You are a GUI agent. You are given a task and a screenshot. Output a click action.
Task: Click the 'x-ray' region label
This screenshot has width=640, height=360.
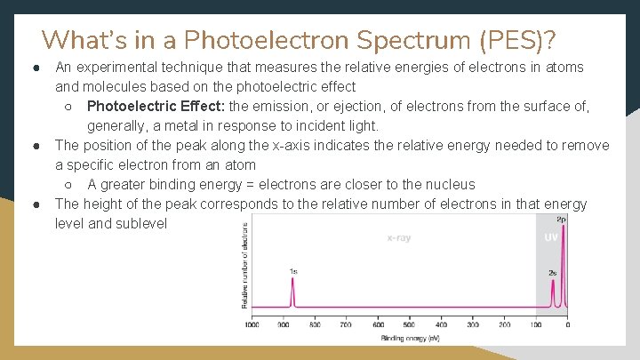(398, 238)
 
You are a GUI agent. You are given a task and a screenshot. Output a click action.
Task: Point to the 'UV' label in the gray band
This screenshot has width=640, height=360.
(551, 238)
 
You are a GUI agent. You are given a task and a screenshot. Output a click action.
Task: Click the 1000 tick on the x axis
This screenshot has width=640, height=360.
(252, 325)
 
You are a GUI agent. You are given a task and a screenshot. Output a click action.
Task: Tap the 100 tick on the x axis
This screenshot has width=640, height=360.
(536, 325)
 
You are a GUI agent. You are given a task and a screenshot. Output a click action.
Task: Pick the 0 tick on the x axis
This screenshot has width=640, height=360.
(567, 325)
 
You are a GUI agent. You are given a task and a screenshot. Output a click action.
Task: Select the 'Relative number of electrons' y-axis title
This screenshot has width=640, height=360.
(244, 265)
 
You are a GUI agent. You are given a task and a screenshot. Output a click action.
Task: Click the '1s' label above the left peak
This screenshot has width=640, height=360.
(292, 270)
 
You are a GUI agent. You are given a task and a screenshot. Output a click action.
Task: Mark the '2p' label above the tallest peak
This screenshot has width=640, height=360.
(561, 219)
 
